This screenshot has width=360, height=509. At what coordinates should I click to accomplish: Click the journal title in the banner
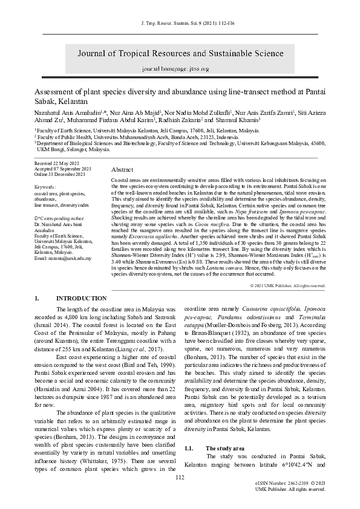pyautogui.click(x=179, y=53)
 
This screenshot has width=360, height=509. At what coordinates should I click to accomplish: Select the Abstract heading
pyautogui.click(x=122, y=170)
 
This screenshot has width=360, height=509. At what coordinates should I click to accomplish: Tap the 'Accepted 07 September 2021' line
pyautogui.click(x=63, y=169)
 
